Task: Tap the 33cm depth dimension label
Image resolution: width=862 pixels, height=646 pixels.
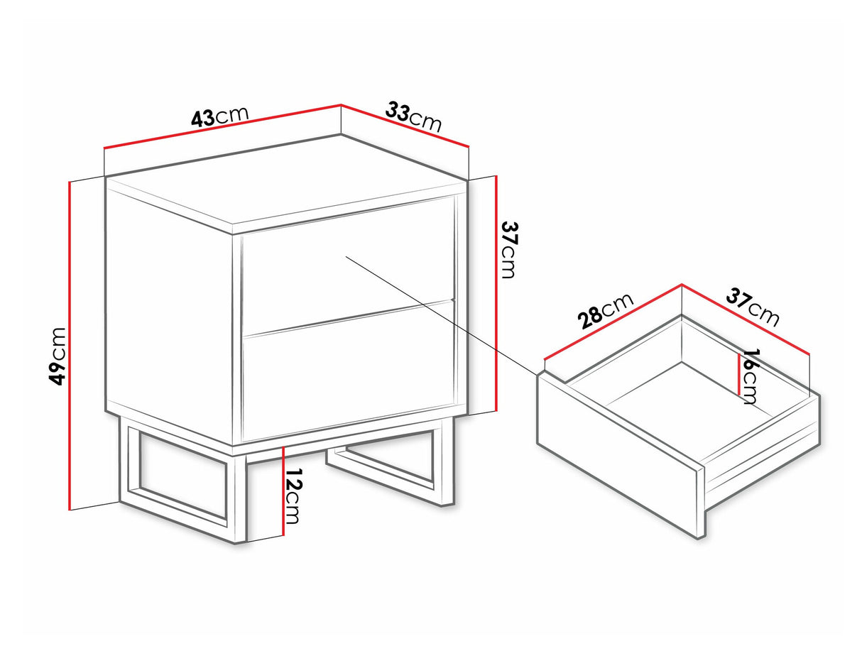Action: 413,116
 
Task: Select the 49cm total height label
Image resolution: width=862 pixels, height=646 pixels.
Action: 58,356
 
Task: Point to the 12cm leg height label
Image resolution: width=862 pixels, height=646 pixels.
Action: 293,496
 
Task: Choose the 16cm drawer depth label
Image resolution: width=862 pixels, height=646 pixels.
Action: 749,376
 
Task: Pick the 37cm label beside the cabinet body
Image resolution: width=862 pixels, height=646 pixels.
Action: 509,250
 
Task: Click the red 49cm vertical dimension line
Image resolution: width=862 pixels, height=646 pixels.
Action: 70,346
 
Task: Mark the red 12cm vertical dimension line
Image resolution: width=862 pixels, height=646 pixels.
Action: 283,491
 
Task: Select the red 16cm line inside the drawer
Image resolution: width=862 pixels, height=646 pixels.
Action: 739,374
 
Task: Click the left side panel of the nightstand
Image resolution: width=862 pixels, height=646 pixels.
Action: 170,310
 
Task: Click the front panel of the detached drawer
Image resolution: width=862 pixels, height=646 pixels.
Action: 621,455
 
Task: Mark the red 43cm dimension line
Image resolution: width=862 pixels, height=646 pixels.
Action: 222,126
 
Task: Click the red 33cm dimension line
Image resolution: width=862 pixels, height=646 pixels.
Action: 405,126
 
